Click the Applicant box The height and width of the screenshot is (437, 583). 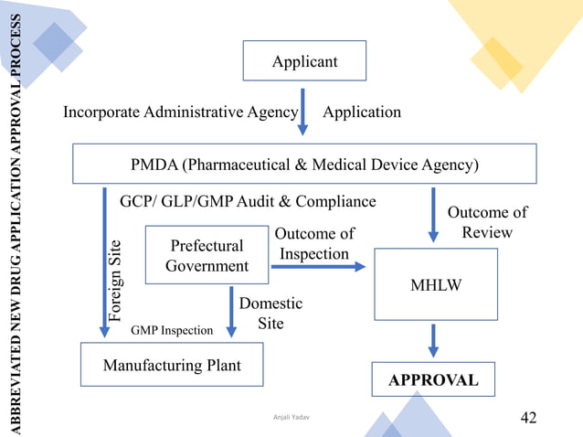pos(304,61)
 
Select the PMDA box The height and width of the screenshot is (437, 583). pos(304,165)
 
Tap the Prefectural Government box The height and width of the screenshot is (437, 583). pos(207,256)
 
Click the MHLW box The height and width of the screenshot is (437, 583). pos(436,283)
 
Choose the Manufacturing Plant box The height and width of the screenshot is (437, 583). pos(172,365)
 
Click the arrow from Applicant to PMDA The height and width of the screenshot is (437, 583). pos(304,110)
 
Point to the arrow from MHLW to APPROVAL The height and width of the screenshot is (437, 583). pos(434,340)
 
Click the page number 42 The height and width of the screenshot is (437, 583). pos(528,418)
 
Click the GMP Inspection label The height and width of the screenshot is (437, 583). pos(173,330)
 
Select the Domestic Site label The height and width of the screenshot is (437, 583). pos(270,313)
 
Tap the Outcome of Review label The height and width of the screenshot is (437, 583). pos(486,222)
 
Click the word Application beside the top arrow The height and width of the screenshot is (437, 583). pos(362,112)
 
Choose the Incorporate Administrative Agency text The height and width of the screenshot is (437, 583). pos(180,112)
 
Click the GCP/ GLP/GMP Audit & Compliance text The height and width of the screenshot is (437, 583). pos(248,200)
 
